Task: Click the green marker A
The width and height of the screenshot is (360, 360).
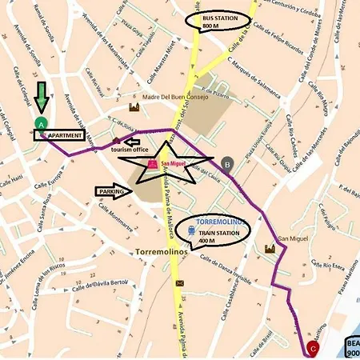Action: click(x=41, y=123)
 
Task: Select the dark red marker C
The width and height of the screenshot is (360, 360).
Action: click(x=312, y=348)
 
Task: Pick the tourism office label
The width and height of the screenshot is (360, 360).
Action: click(x=130, y=150)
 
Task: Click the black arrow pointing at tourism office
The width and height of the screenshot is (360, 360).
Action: click(x=132, y=141)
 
